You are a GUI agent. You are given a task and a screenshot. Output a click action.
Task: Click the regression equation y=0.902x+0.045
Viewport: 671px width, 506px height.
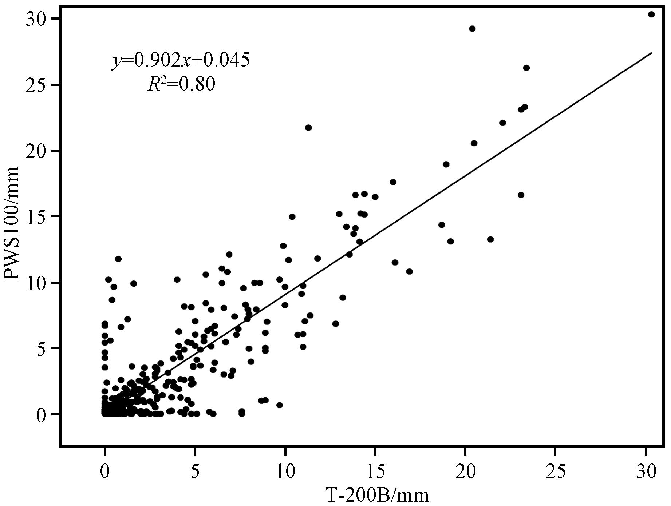(181, 60)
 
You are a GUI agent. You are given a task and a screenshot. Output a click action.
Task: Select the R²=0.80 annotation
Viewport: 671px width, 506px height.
(182, 84)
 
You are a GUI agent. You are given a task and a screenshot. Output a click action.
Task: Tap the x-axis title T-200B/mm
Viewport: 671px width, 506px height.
(377, 495)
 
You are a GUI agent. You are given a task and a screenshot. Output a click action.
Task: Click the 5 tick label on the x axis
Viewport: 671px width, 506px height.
(195, 472)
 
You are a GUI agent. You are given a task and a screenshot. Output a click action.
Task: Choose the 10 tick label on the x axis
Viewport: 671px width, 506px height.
(285, 472)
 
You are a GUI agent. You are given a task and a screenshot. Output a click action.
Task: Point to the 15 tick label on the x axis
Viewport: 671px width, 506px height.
(375, 472)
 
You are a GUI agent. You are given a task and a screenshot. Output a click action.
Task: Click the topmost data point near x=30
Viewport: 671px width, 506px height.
(651, 15)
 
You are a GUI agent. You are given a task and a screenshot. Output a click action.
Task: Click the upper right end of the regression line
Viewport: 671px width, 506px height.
(651, 53)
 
